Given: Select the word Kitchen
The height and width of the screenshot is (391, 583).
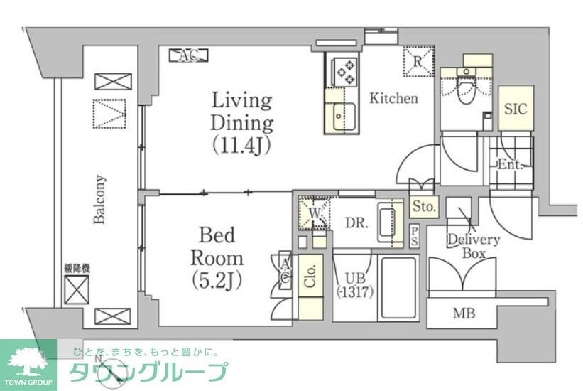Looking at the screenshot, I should click(393, 99).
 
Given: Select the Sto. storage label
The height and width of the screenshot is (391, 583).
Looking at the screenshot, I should click(425, 207).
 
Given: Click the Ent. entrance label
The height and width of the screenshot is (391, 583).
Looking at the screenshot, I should click(510, 165).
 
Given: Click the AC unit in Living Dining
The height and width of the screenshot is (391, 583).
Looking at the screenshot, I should click(187, 55).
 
